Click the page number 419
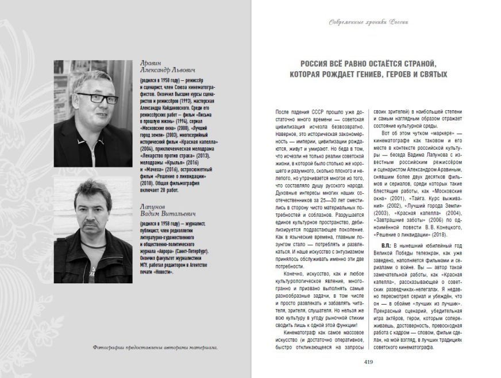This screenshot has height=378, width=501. point(368,361)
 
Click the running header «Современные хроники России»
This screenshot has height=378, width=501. point(368,22)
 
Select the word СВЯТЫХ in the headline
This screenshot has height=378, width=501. point(429,75)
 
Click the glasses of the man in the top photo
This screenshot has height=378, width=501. point(91,98)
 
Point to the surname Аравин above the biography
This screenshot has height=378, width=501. point(152,63)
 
